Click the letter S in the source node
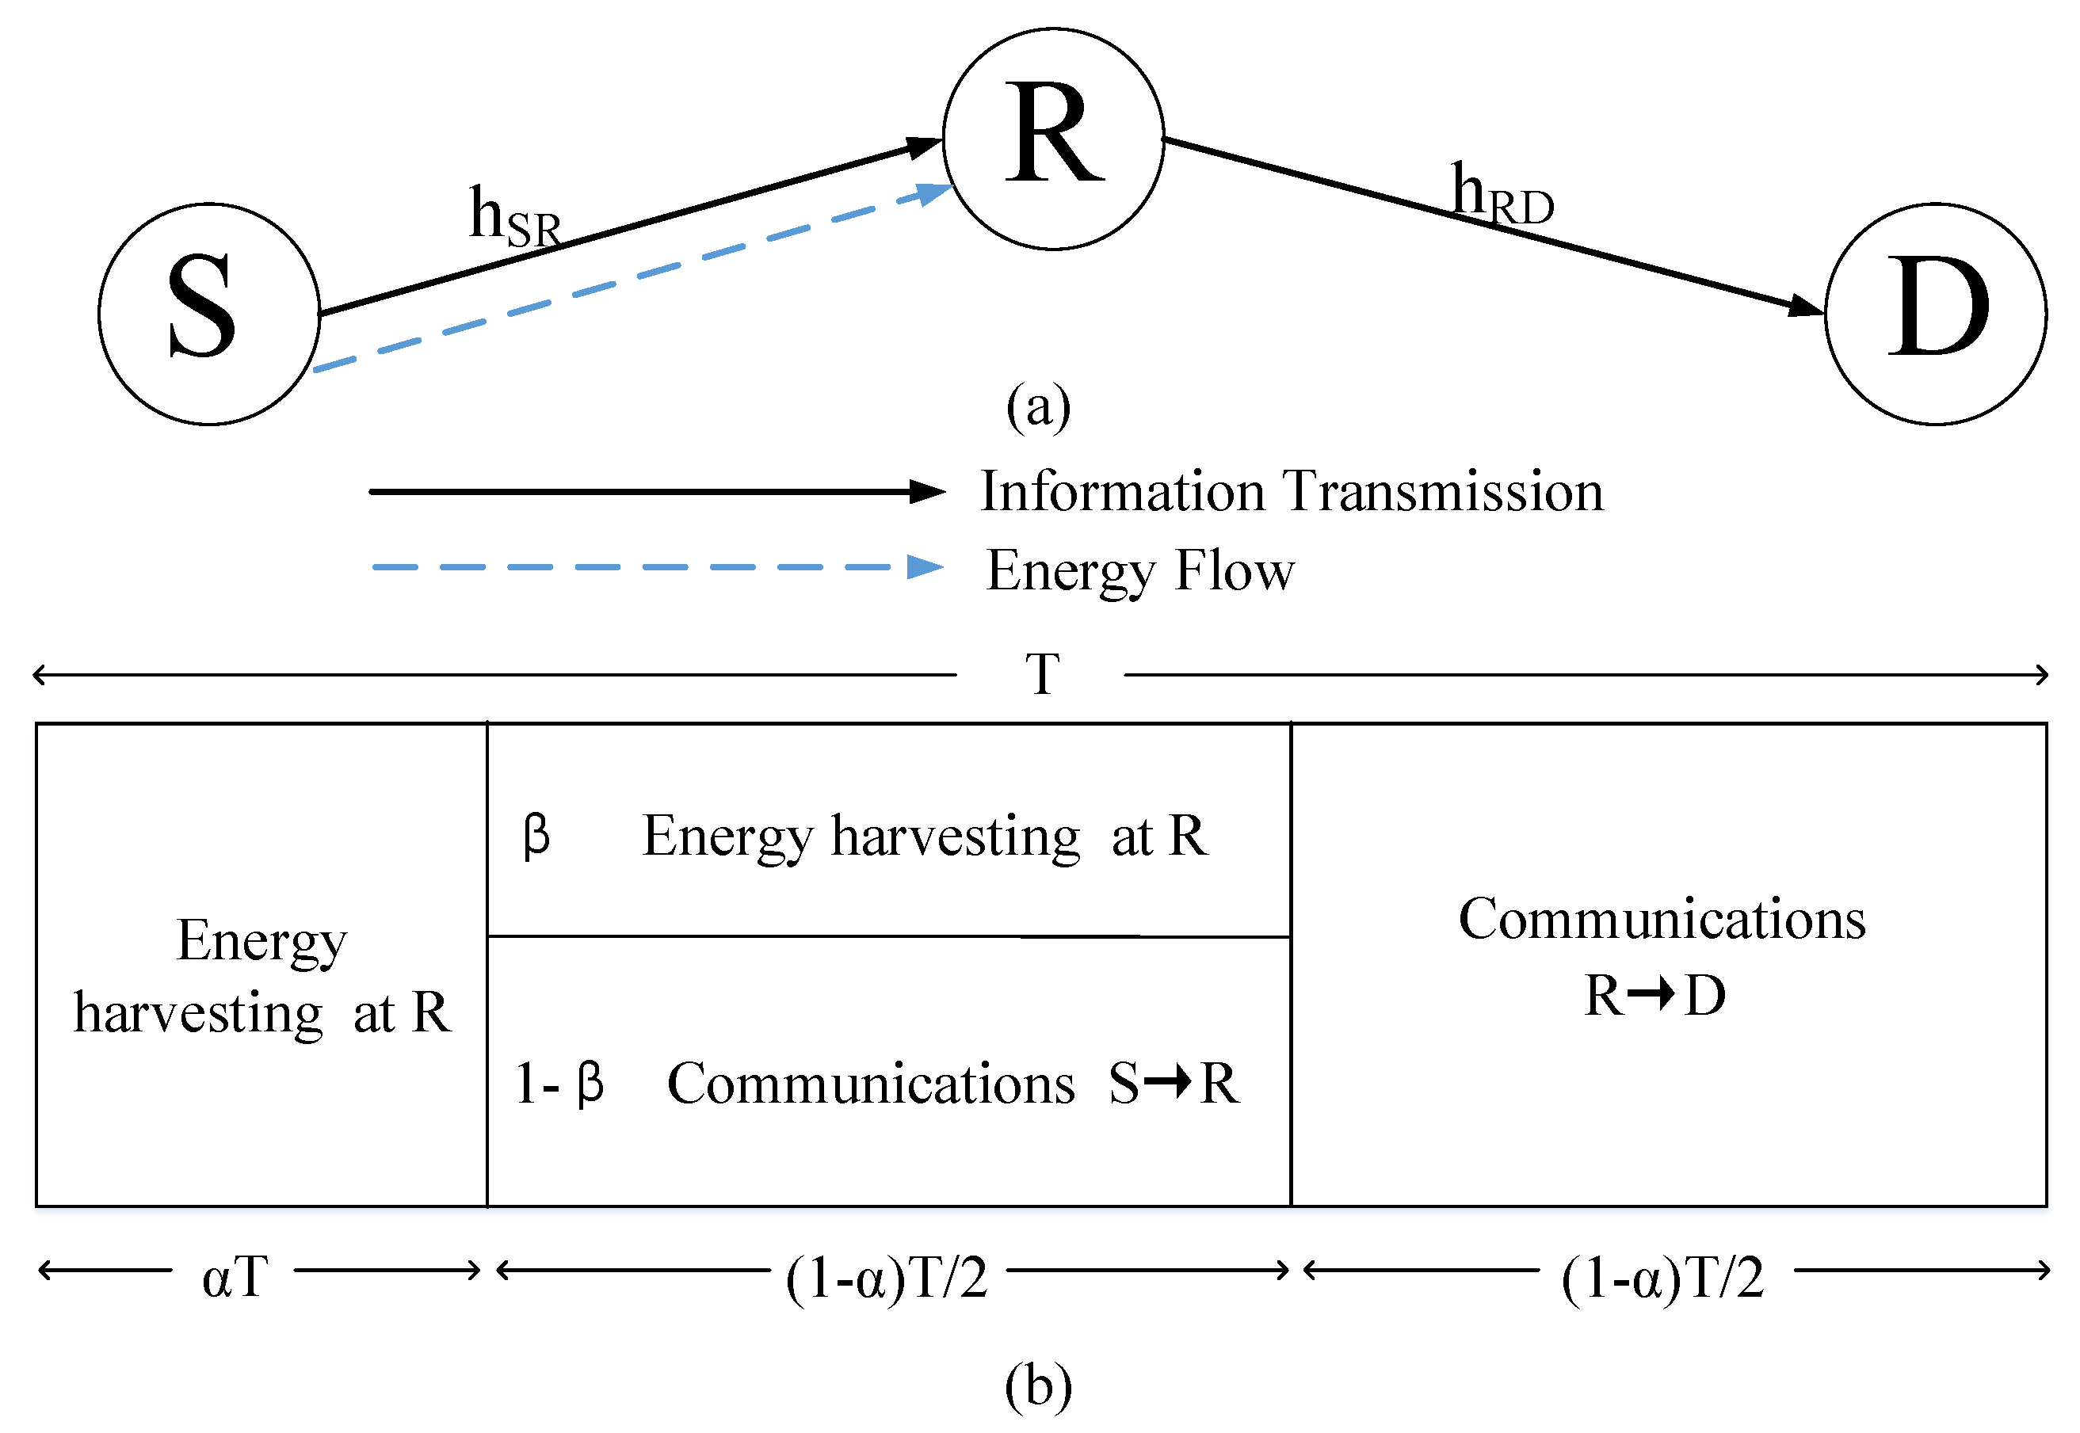pyautogui.click(x=203, y=307)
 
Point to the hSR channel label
pyautogui.click(x=514, y=218)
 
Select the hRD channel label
pyautogui.click(x=1502, y=195)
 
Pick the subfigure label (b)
pyautogui.click(x=1038, y=1385)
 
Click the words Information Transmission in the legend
pyautogui.click(x=1291, y=492)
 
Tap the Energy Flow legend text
pyautogui.click(x=1139, y=571)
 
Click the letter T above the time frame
pyautogui.click(x=1043, y=674)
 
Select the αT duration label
pyautogui.click(x=235, y=1277)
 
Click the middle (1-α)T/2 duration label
pyautogui.click(x=887, y=1277)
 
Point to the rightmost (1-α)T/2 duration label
pyautogui.click(x=1662, y=1277)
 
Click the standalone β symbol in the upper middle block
pyautogui.click(x=536, y=836)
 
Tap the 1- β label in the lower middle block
pyautogui.click(x=559, y=1083)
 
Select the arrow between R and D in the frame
pyautogui.click(x=1651, y=995)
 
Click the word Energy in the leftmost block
pyautogui.click(x=261, y=942)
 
